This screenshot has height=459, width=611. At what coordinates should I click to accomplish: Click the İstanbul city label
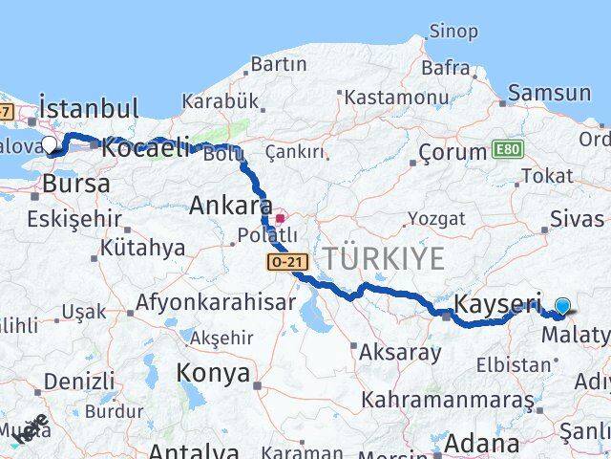coord(88,107)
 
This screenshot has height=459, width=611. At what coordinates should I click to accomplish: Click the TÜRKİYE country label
coord(383,258)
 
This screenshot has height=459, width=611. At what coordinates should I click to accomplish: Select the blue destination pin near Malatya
coord(562,306)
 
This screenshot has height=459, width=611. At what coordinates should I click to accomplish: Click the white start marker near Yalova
coord(50,145)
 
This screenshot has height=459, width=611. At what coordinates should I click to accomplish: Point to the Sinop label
coord(453,33)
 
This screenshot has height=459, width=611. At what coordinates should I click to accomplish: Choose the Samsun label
coord(549,93)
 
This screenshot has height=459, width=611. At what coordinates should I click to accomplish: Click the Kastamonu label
coord(396,98)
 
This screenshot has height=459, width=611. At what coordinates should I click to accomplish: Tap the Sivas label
coord(578,218)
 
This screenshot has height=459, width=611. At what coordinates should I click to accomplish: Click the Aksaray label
coord(401,352)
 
